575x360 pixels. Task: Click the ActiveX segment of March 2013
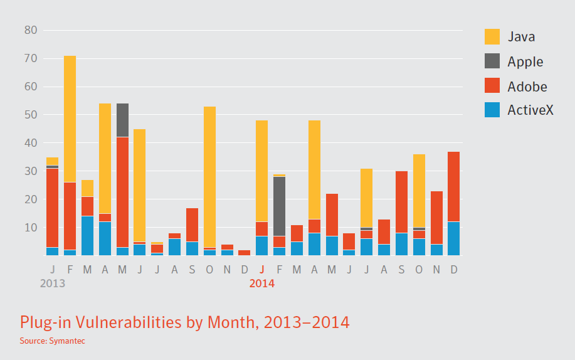click(87, 236)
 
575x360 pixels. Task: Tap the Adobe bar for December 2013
click(245, 253)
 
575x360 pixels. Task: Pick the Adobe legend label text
click(527, 87)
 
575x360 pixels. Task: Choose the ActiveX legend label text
click(530, 111)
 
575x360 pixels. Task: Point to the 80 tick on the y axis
click(31, 30)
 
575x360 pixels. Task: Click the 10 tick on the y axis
click(31, 228)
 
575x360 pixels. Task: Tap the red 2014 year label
click(261, 283)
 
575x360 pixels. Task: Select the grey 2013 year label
click(52, 283)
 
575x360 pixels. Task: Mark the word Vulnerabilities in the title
click(132, 322)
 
